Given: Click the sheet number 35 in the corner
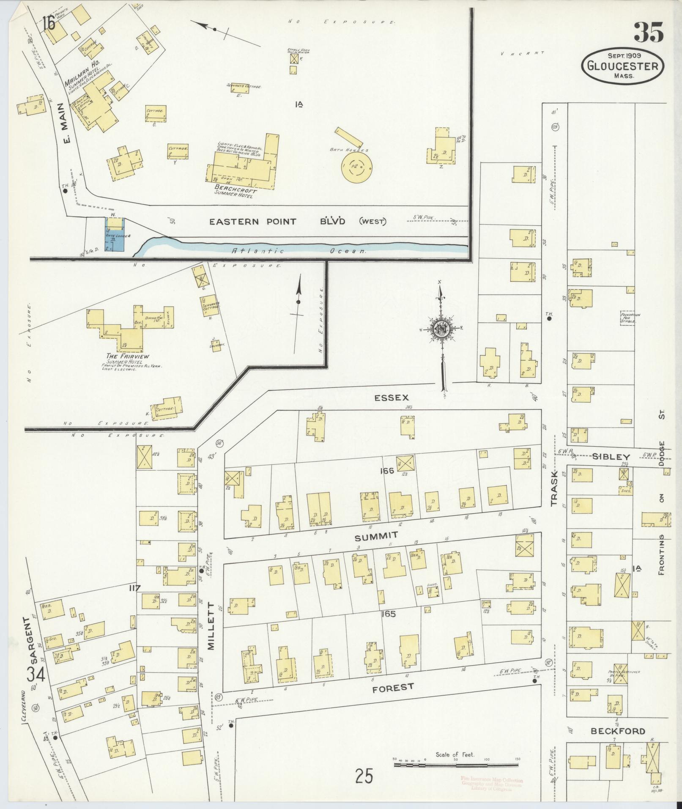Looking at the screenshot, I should point(649,32).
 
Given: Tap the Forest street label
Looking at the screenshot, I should point(392,688).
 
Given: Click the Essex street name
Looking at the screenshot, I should point(392,398).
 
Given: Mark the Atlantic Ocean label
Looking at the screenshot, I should point(298,250).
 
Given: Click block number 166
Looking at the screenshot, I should point(386,471).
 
